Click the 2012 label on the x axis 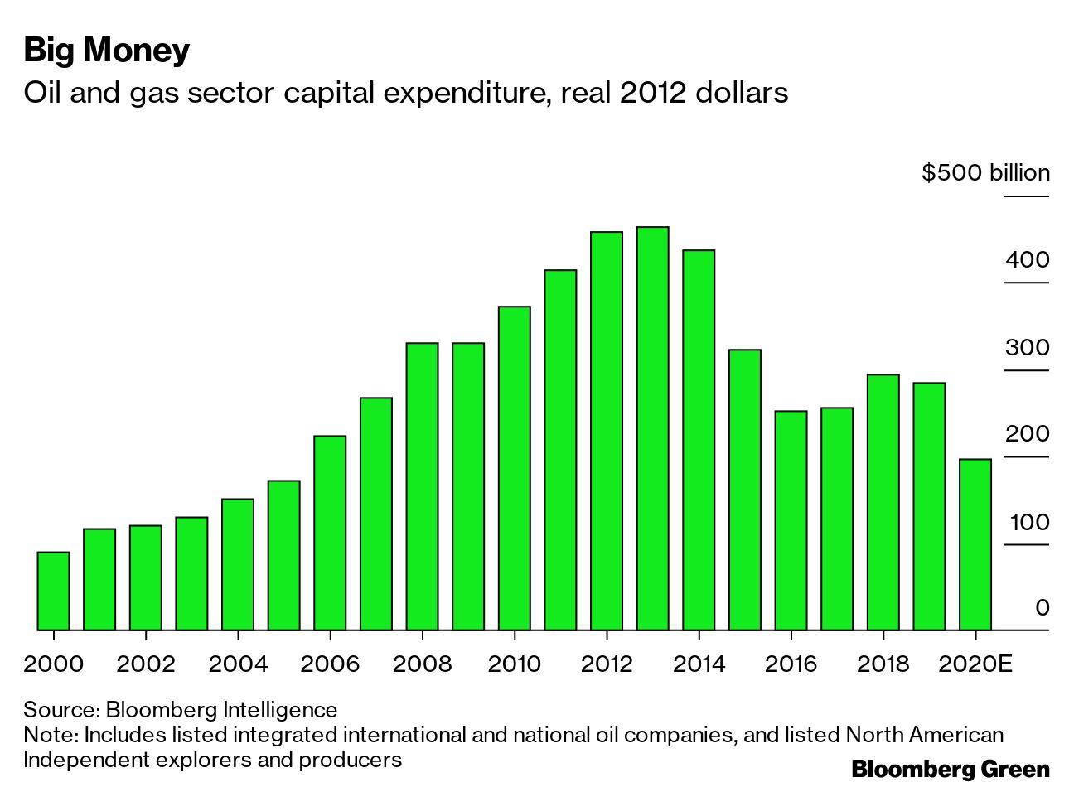(607, 664)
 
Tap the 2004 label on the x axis (238, 664)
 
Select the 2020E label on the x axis (975, 664)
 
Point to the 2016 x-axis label (791, 664)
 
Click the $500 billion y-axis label (985, 172)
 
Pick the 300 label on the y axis (1027, 347)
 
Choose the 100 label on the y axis (1029, 522)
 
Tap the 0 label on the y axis (1042, 608)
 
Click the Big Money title (107, 50)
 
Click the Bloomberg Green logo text (950, 769)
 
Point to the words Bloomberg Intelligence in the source (221, 710)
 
